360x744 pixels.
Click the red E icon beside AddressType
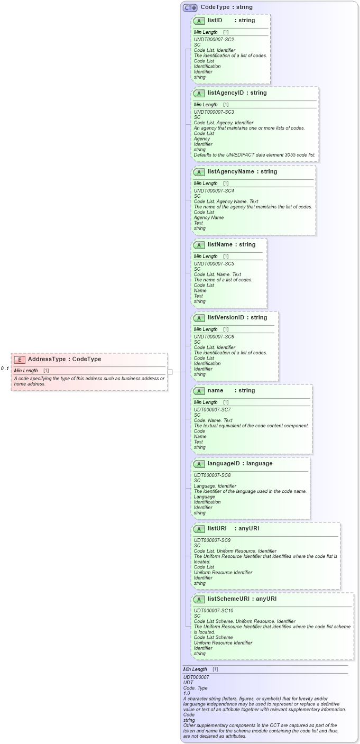pyautogui.click(x=20, y=360)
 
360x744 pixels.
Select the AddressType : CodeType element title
pyautogui.click(x=64, y=360)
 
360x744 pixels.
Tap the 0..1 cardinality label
pyautogui.click(x=5, y=369)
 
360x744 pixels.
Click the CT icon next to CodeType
pyautogui.click(x=190, y=8)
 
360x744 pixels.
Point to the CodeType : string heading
pyautogui.click(x=226, y=7)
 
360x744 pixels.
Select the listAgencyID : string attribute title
pyautogui.click(x=237, y=93)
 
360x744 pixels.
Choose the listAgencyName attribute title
pyautogui.click(x=242, y=172)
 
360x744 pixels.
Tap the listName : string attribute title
pyautogui.click(x=231, y=245)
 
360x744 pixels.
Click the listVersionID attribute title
pyautogui.click(x=237, y=318)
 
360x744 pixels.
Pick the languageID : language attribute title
pyautogui.click(x=240, y=464)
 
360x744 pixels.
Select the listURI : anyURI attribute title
pyautogui.click(x=233, y=529)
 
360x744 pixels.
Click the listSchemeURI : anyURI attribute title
pyautogui.click(x=242, y=599)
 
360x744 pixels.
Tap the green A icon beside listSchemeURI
pyautogui.click(x=199, y=600)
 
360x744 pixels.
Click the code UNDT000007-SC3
pyautogui.click(x=214, y=112)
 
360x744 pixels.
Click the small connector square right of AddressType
pyautogui.click(x=170, y=372)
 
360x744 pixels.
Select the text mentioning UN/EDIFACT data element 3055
pyautogui.click(x=254, y=155)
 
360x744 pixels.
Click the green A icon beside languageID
pyautogui.click(x=199, y=464)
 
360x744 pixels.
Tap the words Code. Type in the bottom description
pyautogui.click(x=195, y=688)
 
